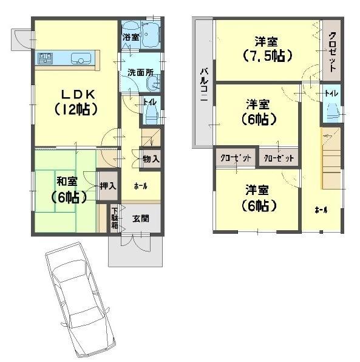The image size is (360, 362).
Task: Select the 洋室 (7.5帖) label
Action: click(x=267, y=49)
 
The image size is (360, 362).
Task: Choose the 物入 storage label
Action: click(x=151, y=160)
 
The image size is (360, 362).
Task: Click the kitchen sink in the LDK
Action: click(x=81, y=59)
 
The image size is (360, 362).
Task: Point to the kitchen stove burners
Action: click(x=46, y=58)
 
